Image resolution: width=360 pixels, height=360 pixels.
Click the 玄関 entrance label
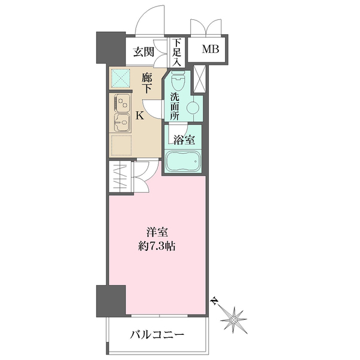(144, 52)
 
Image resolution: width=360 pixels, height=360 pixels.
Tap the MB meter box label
(209, 49)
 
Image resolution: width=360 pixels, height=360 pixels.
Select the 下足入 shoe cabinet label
(176, 52)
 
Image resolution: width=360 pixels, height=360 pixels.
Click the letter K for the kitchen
(139, 115)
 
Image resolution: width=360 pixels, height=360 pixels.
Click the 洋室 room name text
(156, 230)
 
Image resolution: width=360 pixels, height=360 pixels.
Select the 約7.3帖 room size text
(156, 245)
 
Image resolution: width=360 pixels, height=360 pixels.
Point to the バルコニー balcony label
(157, 335)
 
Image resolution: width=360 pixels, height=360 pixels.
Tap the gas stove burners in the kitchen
(122, 102)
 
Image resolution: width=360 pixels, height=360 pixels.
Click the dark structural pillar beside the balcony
(111, 300)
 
